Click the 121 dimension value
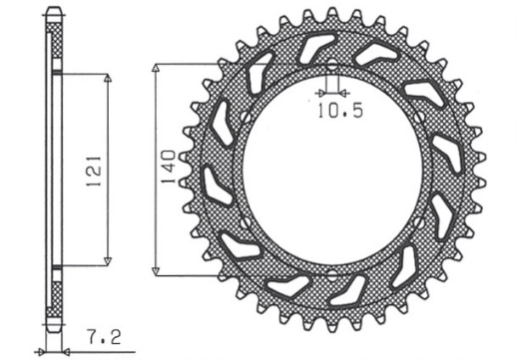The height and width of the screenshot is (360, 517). (91, 170)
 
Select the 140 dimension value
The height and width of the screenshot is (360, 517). (171, 169)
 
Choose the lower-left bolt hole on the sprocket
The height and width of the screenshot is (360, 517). (241, 220)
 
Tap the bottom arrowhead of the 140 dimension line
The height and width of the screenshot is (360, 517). (157, 271)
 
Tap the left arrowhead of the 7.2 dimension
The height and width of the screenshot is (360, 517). (46, 350)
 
